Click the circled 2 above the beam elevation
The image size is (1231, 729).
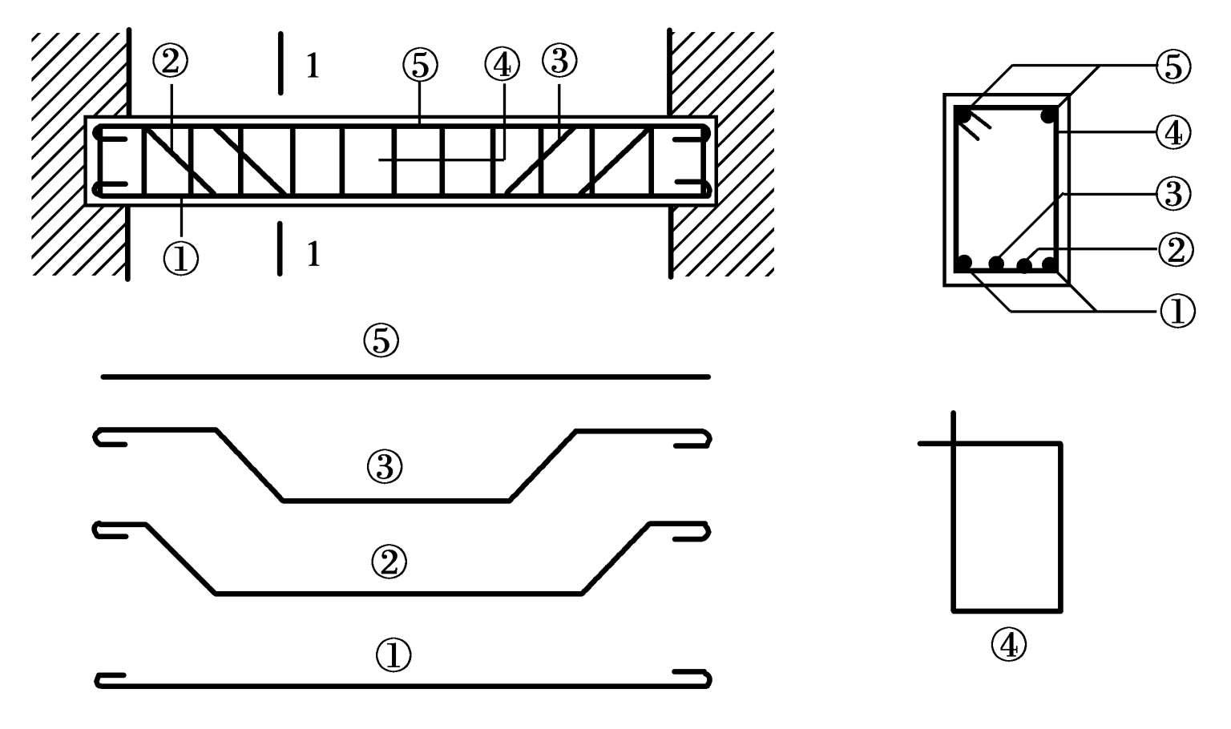click(171, 62)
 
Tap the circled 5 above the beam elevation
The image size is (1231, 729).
click(420, 65)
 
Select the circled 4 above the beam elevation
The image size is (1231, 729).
click(502, 64)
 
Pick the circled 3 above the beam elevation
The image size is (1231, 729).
click(559, 61)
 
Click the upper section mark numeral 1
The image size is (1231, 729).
click(313, 66)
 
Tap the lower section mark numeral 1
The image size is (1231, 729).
click(313, 255)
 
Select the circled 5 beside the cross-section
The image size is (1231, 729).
click(1173, 67)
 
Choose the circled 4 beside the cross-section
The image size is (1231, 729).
click(1173, 132)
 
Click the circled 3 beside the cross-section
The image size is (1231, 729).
click(1173, 193)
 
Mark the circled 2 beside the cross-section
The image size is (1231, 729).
click(1176, 250)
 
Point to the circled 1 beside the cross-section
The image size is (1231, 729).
click(1177, 311)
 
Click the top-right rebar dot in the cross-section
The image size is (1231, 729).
click(1048, 116)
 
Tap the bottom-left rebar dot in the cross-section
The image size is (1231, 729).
click(964, 263)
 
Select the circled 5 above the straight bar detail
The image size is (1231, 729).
click(381, 340)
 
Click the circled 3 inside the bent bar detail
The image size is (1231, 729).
click(385, 467)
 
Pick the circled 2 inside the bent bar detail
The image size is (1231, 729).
click(389, 562)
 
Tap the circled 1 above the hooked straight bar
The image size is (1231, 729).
click(393, 654)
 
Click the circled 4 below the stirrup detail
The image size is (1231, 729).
click(1008, 644)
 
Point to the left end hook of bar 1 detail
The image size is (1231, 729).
click(98, 681)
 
